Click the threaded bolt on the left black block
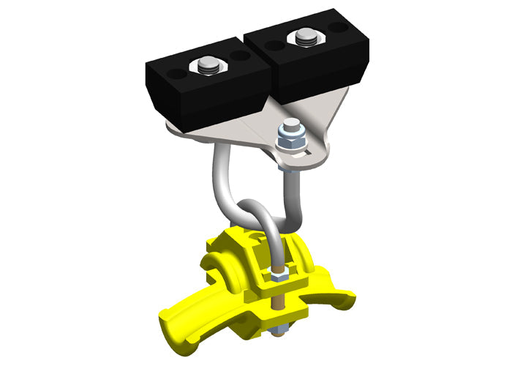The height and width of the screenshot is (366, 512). pos(208,66)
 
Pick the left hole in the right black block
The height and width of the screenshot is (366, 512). pos(274,45)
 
